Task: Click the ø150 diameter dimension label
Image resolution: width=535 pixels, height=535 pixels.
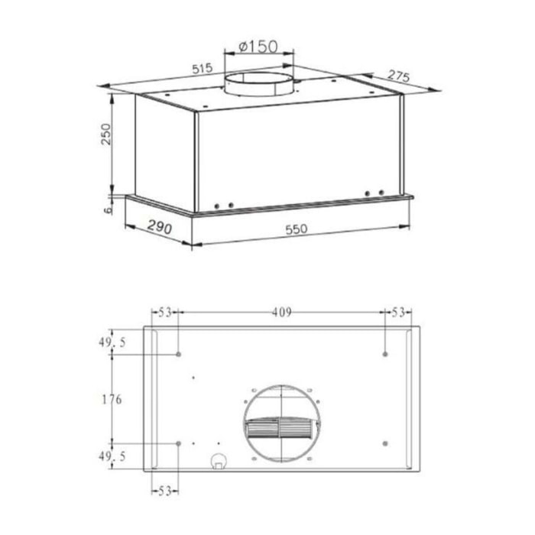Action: [258, 47]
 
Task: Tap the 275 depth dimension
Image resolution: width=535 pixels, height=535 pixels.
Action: [399, 76]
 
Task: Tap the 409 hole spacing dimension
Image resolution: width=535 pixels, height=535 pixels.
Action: [282, 312]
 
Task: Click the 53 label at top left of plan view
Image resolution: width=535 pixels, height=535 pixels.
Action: [164, 312]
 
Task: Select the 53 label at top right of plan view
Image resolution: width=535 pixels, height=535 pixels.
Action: [397, 312]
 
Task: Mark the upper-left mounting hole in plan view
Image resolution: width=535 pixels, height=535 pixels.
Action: [178, 355]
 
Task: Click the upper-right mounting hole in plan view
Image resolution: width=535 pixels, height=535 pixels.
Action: [385, 355]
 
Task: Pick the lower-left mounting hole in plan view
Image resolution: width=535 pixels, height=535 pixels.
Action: [178, 443]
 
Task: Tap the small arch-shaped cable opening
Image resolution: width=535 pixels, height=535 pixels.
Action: [219, 460]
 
